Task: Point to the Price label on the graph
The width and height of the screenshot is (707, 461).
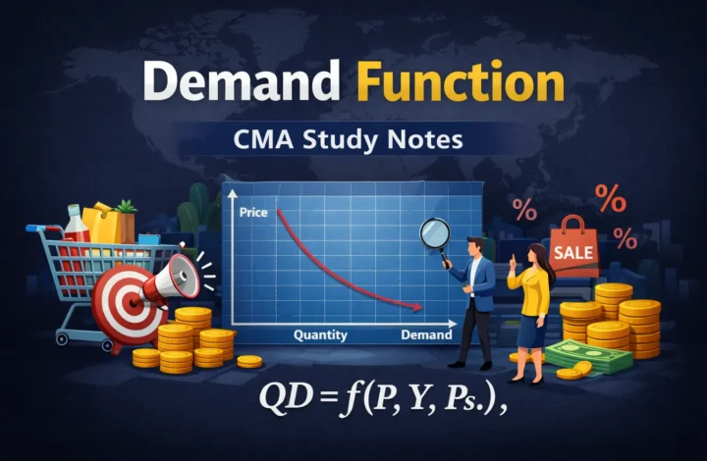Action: tap(253, 212)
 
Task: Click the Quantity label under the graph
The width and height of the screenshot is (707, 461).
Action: tap(320, 335)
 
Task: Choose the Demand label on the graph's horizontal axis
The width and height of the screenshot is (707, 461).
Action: tap(426, 335)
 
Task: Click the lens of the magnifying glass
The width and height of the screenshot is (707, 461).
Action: tap(433, 232)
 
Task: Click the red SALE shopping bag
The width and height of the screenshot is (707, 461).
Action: tap(573, 249)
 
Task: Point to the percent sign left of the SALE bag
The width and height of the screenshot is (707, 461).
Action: tap(524, 209)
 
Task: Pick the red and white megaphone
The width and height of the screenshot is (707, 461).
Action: tap(167, 278)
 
